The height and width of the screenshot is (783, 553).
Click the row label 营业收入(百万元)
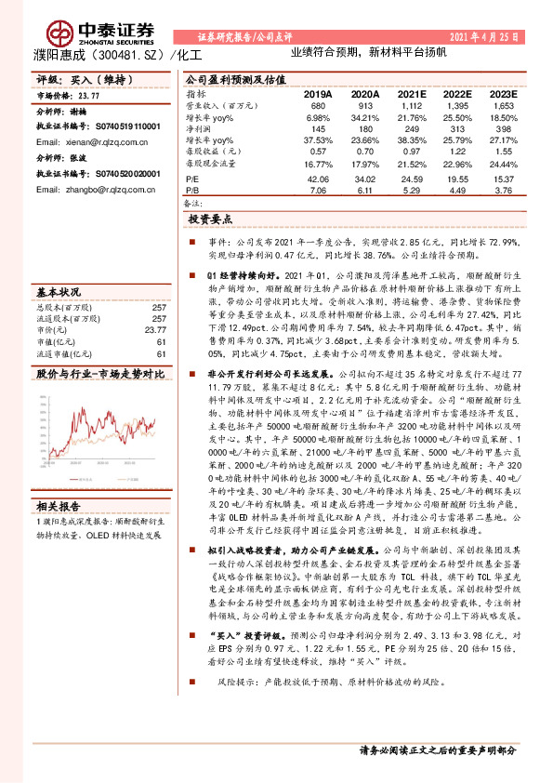click(x=221, y=106)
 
